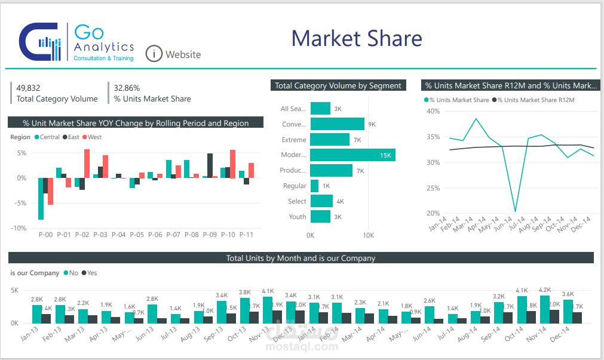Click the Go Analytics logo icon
tap(40, 42)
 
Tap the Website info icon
tap(154, 54)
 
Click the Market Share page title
tap(357, 38)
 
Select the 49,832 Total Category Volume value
tap(29, 88)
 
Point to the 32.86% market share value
tap(127, 88)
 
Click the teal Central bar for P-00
tap(41, 199)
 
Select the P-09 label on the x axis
tap(210, 235)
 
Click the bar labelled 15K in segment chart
tap(352, 155)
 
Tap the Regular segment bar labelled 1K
tap(314, 186)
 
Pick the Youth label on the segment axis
tap(297, 217)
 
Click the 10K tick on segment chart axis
tap(368, 235)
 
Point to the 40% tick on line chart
tap(433, 111)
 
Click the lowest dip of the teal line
tap(515, 211)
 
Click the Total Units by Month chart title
tap(301, 259)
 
